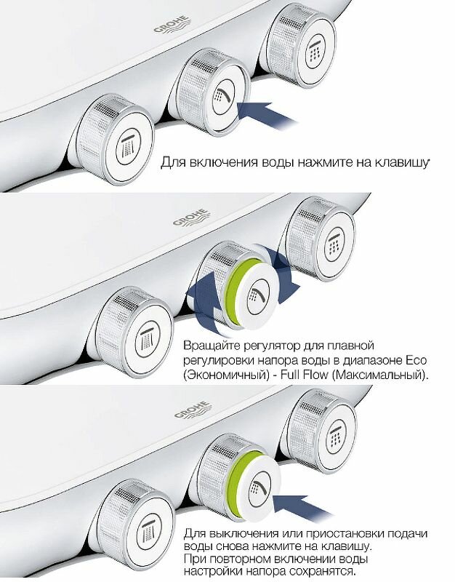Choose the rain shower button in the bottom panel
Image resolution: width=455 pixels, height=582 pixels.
[x=331, y=436]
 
